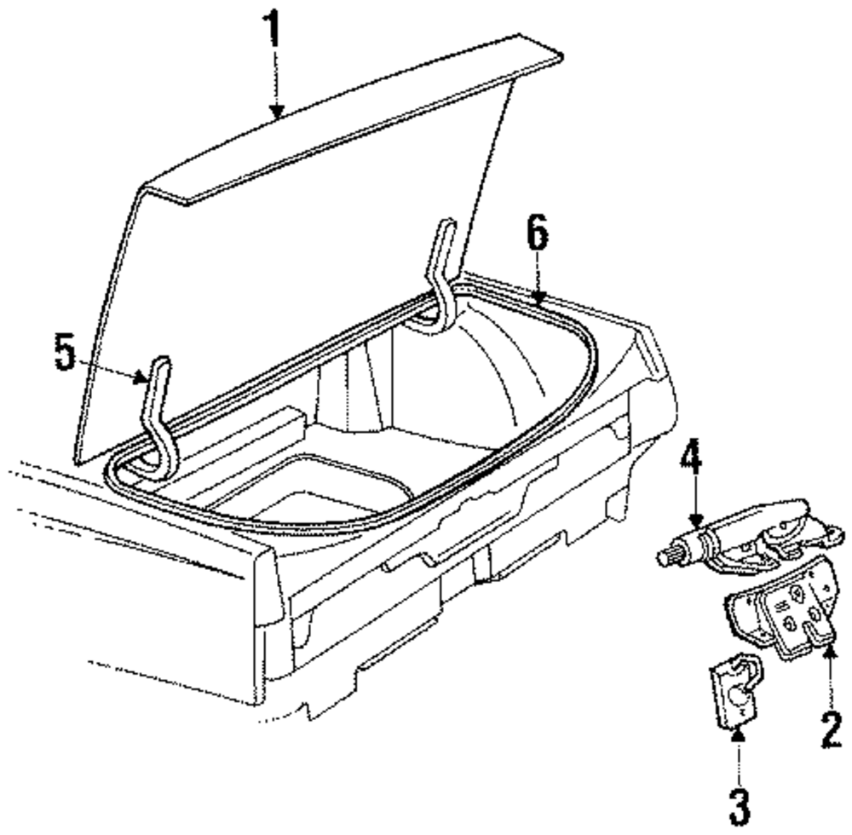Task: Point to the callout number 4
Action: [691, 470]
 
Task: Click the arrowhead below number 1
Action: [274, 110]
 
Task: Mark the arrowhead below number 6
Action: [537, 297]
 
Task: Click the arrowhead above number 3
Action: [738, 730]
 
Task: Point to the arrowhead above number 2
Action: [829, 652]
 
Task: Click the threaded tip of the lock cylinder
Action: [666, 558]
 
